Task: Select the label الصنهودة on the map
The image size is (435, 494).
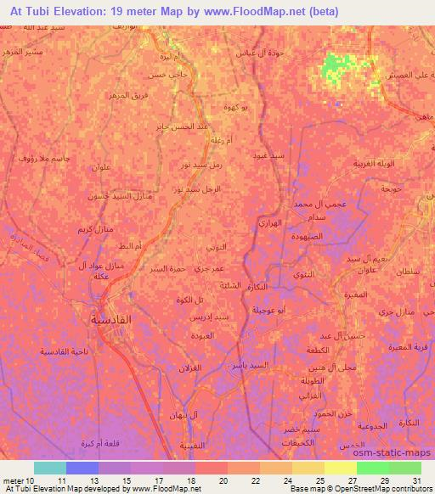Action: click(301, 239)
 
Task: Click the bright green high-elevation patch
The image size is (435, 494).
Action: click(337, 67)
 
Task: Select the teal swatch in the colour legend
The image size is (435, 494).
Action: click(49, 468)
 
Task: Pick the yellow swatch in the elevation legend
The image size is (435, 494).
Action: click(341, 468)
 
